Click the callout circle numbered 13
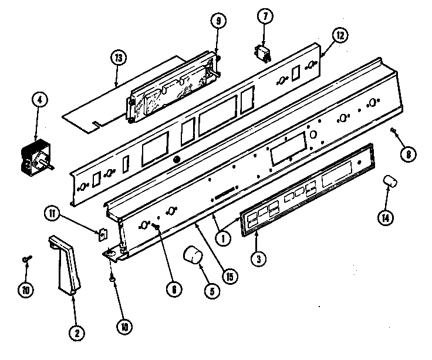pyautogui.click(x=119, y=58)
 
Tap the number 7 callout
pyautogui.click(x=265, y=18)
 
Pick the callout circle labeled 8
pyautogui.click(x=406, y=155)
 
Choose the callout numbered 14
pyautogui.click(x=384, y=218)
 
